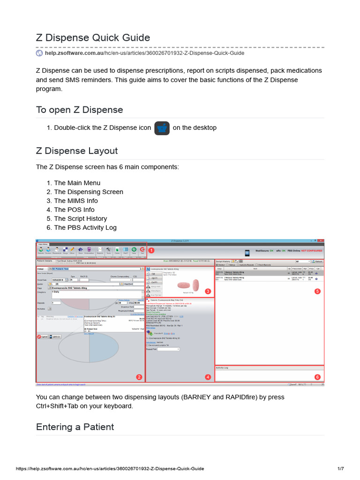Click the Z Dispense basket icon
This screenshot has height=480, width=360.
pyautogui.click(x=162, y=128)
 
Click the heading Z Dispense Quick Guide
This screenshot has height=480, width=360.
pyautogui.click(x=93, y=37)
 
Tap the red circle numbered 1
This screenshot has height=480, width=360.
pyautogui.click(x=151, y=250)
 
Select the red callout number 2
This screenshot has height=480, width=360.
pyautogui.click(x=139, y=377)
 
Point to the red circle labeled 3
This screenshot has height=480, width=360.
pyautogui.click(x=208, y=291)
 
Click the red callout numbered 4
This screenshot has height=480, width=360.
pyautogui.click(x=208, y=377)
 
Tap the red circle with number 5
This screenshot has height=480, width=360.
pyautogui.click(x=317, y=291)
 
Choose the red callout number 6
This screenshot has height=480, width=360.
pyautogui.click(x=317, y=377)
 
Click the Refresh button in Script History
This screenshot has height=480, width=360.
pyautogui.click(x=317, y=262)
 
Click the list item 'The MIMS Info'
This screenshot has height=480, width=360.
pyautogui.click(x=76, y=201)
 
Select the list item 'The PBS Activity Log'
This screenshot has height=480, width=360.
pyautogui.click(x=85, y=227)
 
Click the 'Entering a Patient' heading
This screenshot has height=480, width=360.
pyautogui.click(x=75, y=427)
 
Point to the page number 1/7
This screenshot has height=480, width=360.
pyautogui.click(x=341, y=468)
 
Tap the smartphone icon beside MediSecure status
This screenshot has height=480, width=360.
pyautogui.click(x=247, y=253)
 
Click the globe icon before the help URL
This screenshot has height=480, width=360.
pyautogui.click(x=39, y=53)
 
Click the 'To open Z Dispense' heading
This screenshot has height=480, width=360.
pyautogui.click(x=79, y=110)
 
